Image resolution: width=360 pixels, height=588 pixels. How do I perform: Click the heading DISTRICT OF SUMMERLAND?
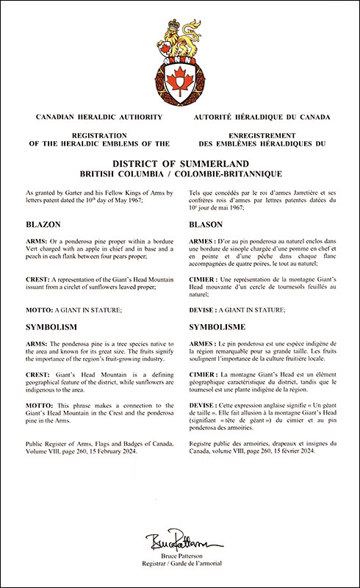[180, 162]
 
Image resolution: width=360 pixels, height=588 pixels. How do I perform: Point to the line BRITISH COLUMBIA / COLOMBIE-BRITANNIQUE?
[180, 173]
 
